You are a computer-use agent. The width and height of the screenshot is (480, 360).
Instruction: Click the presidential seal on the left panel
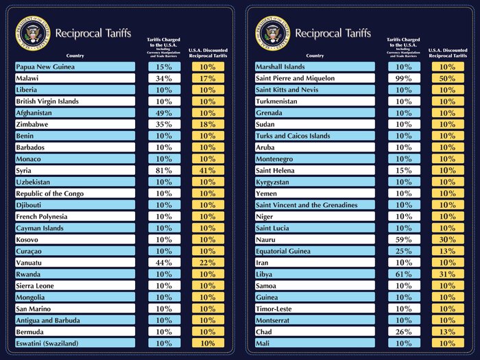tap(32, 34)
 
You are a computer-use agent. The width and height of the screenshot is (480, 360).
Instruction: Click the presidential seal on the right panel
tap(273, 34)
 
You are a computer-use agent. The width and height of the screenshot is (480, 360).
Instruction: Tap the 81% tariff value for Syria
tap(163, 171)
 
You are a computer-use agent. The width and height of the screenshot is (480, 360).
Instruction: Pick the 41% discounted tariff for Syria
tap(208, 171)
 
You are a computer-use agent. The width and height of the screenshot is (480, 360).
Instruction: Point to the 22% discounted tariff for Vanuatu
tap(208, 263)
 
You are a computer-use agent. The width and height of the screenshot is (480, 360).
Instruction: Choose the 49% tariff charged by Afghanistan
tap(163, 113)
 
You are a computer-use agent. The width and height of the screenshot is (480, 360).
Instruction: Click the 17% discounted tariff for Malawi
tap(208, 79)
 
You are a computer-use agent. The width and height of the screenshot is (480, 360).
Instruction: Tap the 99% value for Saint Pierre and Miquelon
tap(403, 79)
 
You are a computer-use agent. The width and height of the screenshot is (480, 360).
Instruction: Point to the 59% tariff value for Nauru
tap(403, 240)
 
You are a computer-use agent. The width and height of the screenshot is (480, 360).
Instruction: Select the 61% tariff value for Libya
tap(403, 274)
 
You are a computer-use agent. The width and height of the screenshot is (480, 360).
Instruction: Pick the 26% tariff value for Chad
tap(403, 332)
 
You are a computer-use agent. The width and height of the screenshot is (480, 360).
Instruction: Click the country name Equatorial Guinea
tap(283, 251)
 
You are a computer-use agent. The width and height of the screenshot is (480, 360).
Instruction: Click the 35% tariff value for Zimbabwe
tap(163, 125)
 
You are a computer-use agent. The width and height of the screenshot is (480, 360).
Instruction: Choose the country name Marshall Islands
tap(280, 67)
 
